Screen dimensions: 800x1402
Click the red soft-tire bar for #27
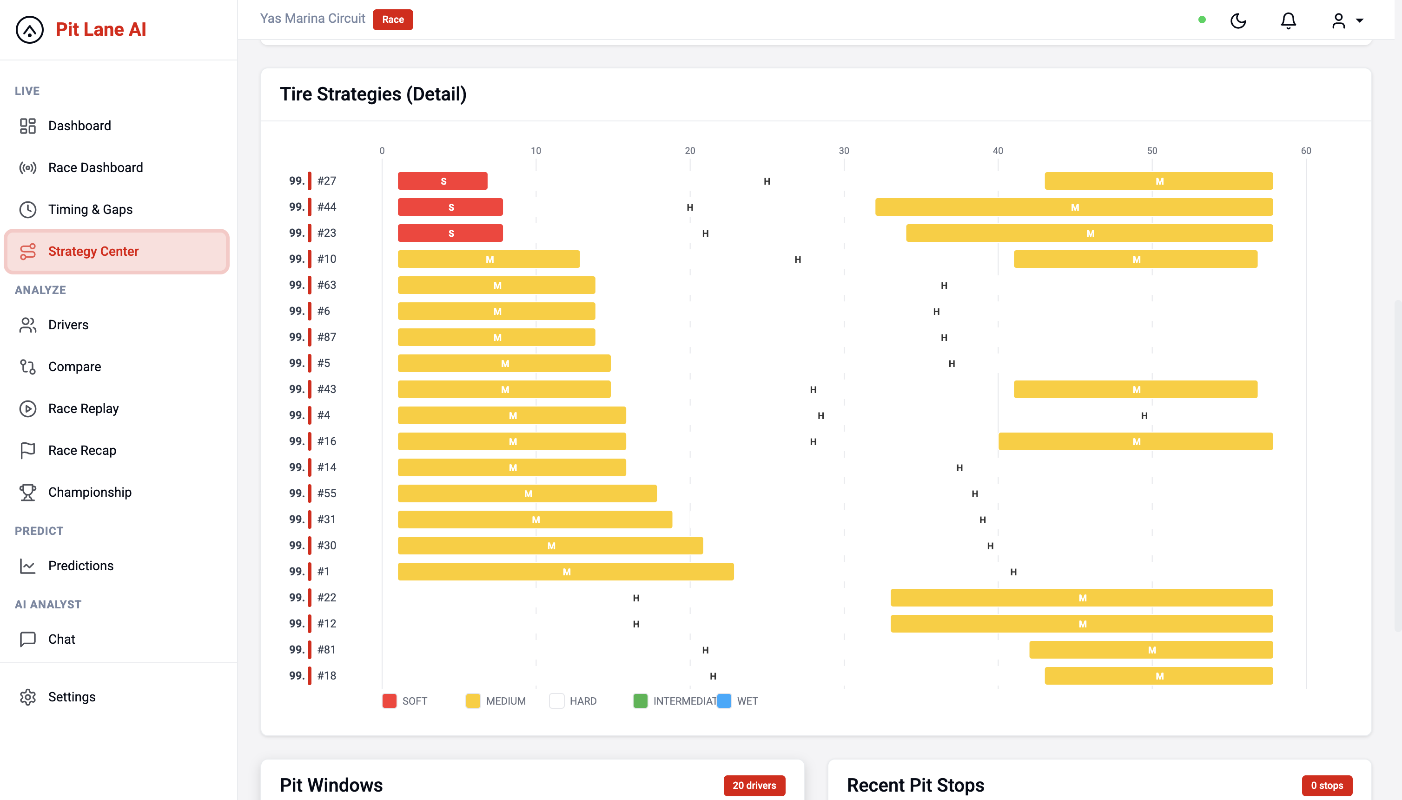442,181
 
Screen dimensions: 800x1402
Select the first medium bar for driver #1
566,572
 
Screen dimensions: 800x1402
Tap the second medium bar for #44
1074,207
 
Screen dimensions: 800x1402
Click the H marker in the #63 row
944,285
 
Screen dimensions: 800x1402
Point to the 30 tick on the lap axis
844,151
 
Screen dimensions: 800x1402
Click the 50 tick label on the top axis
1151,151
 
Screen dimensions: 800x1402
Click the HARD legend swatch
557,701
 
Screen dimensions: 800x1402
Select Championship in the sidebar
90,492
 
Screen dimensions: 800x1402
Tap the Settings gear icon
27,697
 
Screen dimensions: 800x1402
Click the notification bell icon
1288,21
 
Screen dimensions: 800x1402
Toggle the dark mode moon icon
1238,21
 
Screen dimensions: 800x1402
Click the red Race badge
393,19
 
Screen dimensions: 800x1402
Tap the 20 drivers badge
754,785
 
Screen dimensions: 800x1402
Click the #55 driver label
327,493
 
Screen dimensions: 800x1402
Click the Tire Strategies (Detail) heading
373,94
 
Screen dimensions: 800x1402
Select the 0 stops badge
1326,785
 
